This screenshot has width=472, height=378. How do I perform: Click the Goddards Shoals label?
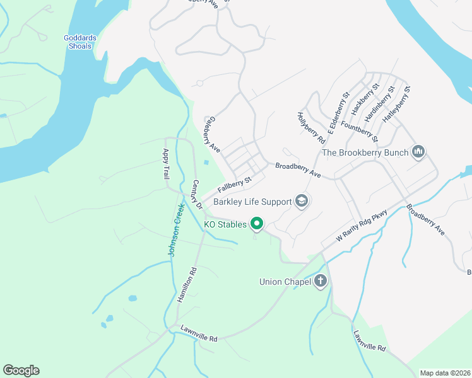(80, 42)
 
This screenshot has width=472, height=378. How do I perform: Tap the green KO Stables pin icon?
(257, 223)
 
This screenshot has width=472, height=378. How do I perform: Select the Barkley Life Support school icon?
(302, 201)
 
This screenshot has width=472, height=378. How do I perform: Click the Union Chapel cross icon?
(321, 281)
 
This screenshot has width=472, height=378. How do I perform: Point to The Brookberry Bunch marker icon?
(418, 151)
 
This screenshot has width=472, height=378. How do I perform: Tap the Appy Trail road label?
(166, 163)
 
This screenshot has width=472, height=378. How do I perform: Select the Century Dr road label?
(196, 195)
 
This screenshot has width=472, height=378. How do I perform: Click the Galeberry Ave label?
(212, 135)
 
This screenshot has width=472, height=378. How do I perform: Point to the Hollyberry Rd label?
(310, 127)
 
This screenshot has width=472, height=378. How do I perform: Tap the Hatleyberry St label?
(397, 103)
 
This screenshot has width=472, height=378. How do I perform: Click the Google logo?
(21, 370)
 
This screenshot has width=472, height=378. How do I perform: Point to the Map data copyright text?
(445, 373)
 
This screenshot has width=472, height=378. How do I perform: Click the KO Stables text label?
(225, 224)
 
